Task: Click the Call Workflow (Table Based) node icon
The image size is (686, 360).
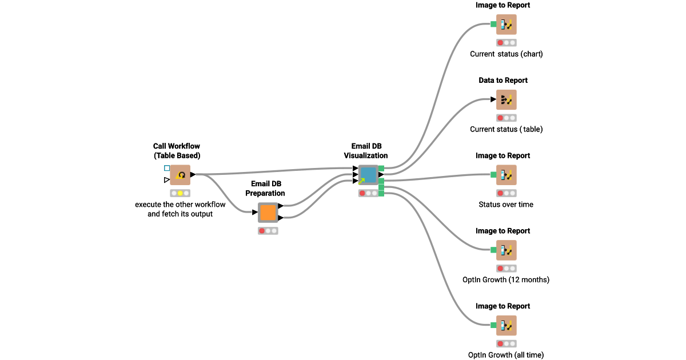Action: tap(180, 175)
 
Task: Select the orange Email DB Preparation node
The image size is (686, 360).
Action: tap(268, 213)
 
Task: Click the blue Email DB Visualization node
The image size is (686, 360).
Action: tap(368, 175)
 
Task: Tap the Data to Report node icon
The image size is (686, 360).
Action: tap(506, 100)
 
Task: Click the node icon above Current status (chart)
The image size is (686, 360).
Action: tap(506, 25)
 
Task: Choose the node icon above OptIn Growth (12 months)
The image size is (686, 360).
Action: tap(506, 250)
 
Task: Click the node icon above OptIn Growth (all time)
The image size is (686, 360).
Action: tap(506, 326)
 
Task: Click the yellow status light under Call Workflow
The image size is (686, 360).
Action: tap(180, 193)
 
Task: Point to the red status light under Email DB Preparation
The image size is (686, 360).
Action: tap(262, 231)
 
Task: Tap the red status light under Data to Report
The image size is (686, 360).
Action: tap(500, 118)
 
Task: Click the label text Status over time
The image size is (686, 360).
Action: tap(506, 205)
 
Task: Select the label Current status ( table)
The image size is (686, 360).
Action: tap(506, 129)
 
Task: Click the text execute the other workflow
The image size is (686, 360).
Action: tap(180, 205)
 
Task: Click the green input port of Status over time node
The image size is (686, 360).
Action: tap(493, 175)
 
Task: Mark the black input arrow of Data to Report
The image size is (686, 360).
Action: tap(493, 99)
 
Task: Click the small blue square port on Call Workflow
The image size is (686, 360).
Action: tap(167, 168)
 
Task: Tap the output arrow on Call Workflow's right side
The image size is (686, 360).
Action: tap(193, 174)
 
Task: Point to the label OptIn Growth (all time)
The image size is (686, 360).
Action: tap(506, 355)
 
